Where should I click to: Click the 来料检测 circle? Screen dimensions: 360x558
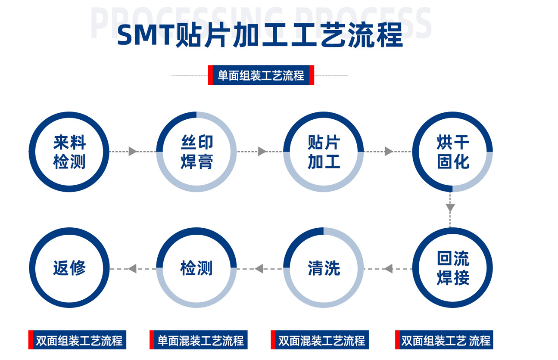tap(69, 152)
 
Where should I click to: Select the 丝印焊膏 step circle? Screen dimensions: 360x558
tap(196, 152)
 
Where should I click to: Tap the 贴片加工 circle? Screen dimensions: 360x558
tap(324, 152)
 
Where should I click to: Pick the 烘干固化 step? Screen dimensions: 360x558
tap(452, 152)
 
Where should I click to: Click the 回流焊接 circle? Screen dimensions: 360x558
tap(452, 268)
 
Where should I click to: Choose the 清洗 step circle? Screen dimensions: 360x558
tap(324, 268)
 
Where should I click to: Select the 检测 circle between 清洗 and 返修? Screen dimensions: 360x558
tap(196, 268)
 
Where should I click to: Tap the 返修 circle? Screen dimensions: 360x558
tap(69, 268)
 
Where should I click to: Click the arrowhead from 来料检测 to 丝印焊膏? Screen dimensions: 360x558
tap(133, 152)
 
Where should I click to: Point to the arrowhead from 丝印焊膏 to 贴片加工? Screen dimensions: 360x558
tap(262, 152)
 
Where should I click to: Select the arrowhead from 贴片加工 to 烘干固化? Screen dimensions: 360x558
tap(389, 152)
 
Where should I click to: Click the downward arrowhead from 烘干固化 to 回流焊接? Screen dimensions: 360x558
tap(450, 208)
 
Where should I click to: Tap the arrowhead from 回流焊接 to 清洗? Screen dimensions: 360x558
tap(388, 269)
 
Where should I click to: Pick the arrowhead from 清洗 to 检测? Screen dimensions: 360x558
tap(259, 269)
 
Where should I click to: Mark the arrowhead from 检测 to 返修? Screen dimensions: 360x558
tap(132, 269)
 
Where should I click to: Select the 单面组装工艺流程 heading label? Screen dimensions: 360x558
tap(261, 75)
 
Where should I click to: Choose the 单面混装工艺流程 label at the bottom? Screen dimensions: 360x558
tap(200, 340)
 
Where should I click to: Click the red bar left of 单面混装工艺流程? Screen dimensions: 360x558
tap(152, 340)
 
